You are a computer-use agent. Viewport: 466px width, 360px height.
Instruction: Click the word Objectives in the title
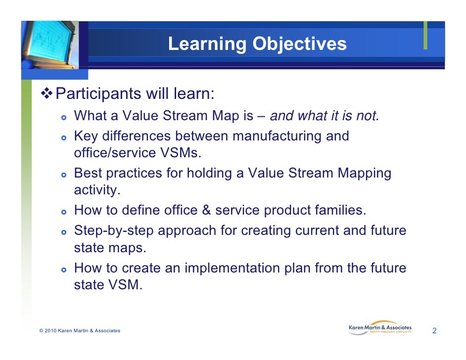coord(300,44)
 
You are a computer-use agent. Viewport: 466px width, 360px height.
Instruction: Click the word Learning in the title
coord(207,44)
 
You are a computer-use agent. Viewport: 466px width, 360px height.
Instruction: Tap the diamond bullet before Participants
coord(47,93)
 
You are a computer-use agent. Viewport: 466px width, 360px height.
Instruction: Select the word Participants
coord(98,94)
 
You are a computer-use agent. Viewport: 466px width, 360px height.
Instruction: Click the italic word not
coord(368,116)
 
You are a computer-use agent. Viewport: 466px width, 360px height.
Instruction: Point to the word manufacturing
coord(277,136)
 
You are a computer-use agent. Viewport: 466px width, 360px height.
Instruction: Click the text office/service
coord(115,153)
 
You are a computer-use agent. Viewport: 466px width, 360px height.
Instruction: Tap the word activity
coord(97,190)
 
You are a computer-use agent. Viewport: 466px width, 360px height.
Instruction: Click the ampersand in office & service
coord(206,210)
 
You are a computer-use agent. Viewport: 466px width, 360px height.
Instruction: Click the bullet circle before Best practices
coord(64,175)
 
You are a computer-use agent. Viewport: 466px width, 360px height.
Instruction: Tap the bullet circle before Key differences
coord(64,138)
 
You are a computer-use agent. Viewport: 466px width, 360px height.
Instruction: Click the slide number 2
coord(434,331)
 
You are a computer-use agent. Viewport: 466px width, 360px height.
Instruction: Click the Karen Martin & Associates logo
coord(380,328)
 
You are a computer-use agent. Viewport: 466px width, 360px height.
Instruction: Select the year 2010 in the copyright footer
coord(50,331)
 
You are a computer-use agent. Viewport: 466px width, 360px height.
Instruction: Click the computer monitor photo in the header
coord(50,45)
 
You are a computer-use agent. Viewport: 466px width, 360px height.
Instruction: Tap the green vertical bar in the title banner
coord(425,35)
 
